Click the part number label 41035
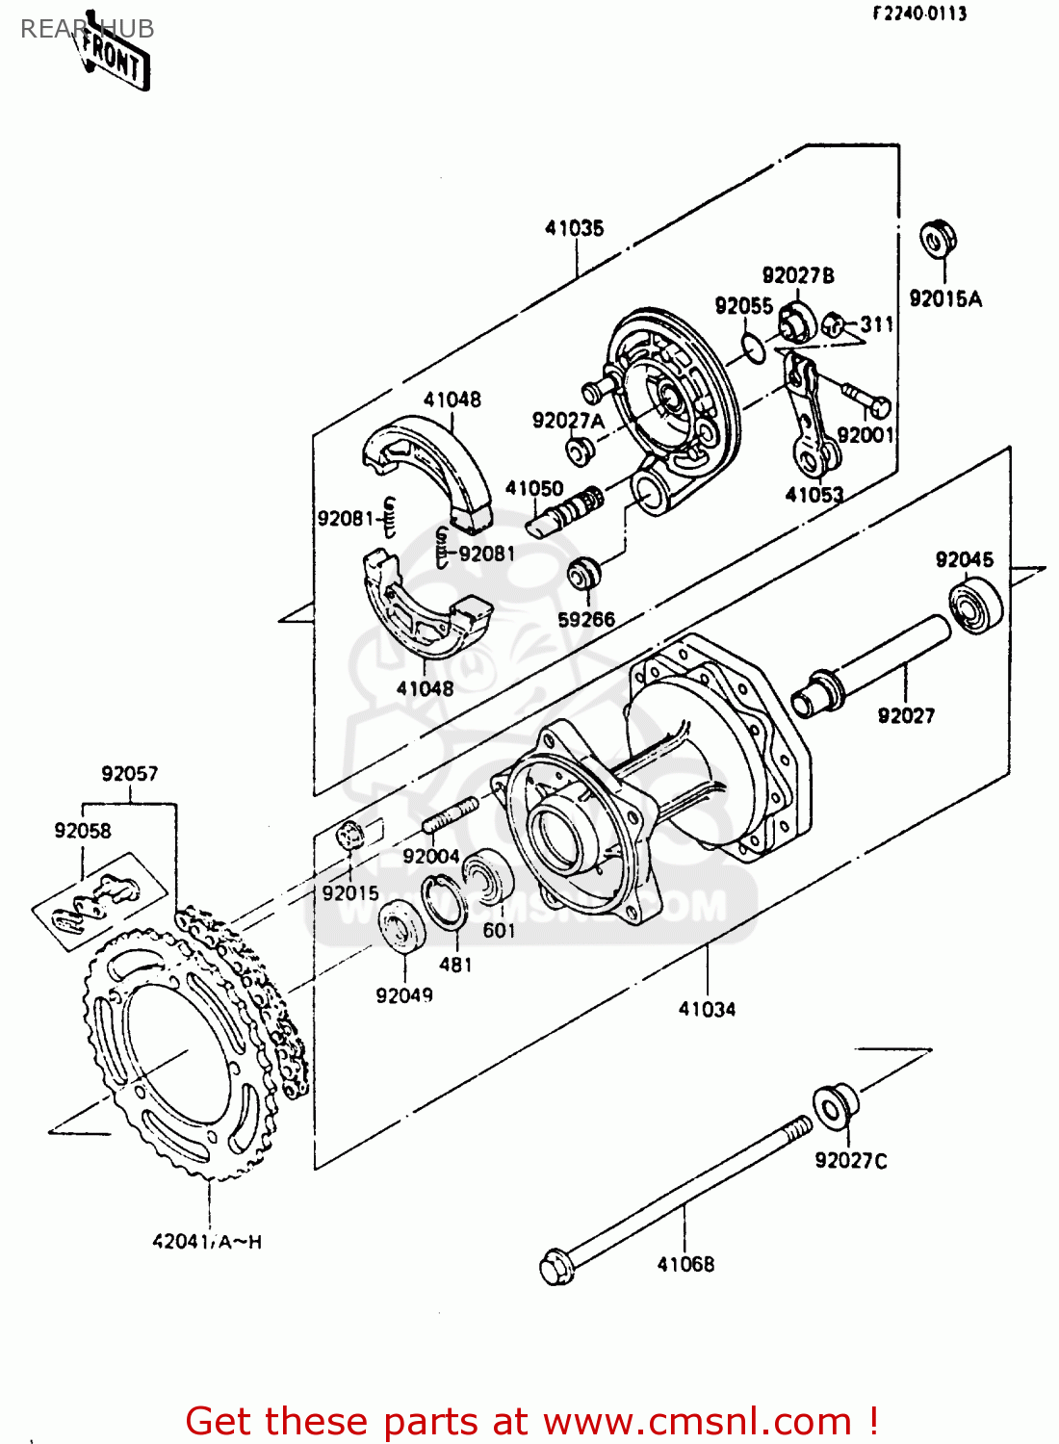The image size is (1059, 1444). coord(575,228)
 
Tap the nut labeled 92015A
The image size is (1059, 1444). coord(937,239)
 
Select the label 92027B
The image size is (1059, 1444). coord(798,276)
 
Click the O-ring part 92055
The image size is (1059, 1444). coord(754,348)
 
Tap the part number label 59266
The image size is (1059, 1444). coord(586,619)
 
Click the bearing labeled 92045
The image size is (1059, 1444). coord(975,605)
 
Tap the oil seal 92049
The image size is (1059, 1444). coord(401,927)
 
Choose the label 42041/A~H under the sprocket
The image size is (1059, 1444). coord(207,1242)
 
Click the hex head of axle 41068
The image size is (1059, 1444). coord(556,1266)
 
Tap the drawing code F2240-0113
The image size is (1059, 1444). coord(919,13)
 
